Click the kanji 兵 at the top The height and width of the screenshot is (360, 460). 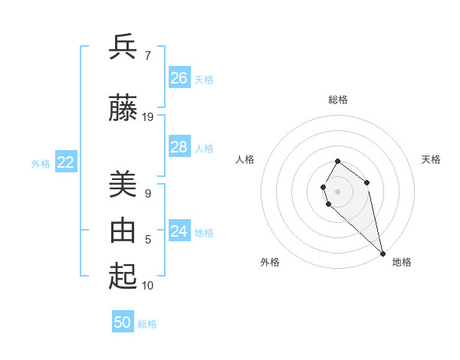coord(123,47)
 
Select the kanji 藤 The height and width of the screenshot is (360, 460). coord(123,109)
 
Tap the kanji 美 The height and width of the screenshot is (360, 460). coord(123,185)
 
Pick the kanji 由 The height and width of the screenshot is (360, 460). coord(123,231)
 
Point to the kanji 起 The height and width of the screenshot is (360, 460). coord(123,277)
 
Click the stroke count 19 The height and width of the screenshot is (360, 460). coord(148,117)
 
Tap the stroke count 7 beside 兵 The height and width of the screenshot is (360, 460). coord(148,56)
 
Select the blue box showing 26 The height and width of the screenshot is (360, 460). coord(179,78)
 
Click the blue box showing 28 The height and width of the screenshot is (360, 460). coord(179,147)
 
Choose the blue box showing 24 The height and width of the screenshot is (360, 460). coord(179,231)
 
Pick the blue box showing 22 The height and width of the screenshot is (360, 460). coord(66,162)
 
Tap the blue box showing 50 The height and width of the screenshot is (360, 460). coord(123,322)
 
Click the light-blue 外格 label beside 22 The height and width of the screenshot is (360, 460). coord(41,163)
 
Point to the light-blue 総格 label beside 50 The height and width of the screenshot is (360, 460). coord(147,324)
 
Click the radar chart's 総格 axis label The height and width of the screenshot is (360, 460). coord(338,100)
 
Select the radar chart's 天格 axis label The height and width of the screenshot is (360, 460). coord(431,159)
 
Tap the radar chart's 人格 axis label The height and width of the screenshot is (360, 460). coord(245,159)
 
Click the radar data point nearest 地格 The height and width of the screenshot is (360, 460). coord(383,253)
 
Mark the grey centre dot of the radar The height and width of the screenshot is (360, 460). coord(338,191)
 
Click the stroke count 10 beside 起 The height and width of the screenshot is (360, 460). coord(148,286)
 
